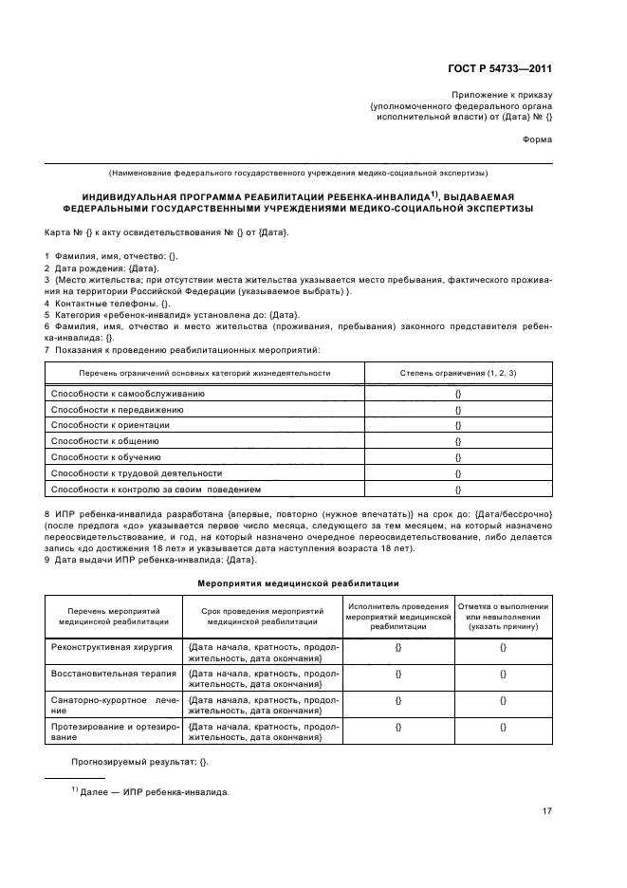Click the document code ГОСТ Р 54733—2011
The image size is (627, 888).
pos(501,67)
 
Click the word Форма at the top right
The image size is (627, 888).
pos(537,139)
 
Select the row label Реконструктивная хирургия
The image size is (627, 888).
pos(105,646)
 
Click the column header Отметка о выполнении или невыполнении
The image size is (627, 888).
pos(503,616)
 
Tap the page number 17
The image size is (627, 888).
pos(547,810)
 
